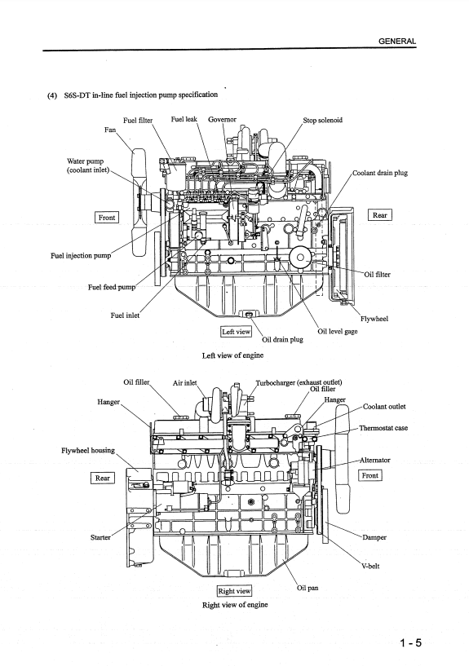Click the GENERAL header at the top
pyautogui.click(x=397, y=42)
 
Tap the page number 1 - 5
pyautogui.click(x=410, y=642)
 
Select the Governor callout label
pyautogui.click(x=222, y=119)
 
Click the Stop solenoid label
pyautogui.click(x=322, y=120)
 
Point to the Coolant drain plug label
pyautogui.click(x=380, y=173)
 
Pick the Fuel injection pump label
pyautogui.click(x=81, y=256)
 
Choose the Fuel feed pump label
pyautogui.click(x=112, y=287)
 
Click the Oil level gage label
pyautogui.click(x=338, y=331)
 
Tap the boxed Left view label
pyautogui.click(x=237, y=332)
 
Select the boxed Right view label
pyautogui.click(x=234, y=591)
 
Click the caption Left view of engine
pyautogui.click(x=232, y=355)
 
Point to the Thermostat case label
pyautogui.click(x=383, y=428)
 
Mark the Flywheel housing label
pyautogui.click(x=88, y=450)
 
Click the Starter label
pyautogui.click(x=100, y=537)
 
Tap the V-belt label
pyautogui.click(x=370, y=567)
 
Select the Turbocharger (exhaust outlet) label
pyautogui.click(x=299, y=382)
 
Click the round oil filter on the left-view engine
pyautogui.click(x=301, y=257)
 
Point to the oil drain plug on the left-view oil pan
pyautogui.click(x=248, y=315)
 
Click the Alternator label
pyautogui.click(x=374, y=460)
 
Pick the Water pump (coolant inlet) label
pyautogui.click(x=88, y=165)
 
